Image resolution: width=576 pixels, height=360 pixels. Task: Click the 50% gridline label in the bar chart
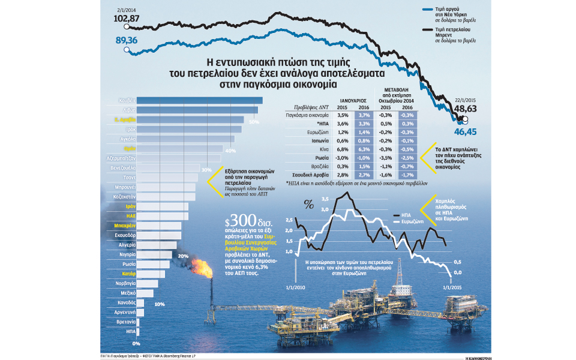(x=254, y=122)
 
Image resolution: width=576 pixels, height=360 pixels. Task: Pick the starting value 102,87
(x=126, y=19)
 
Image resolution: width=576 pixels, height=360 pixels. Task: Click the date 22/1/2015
(x=465, y=100)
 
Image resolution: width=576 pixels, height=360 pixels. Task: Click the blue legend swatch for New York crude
(x=428, y=10)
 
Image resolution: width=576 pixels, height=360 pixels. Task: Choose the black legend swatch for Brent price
(x=428, y=28)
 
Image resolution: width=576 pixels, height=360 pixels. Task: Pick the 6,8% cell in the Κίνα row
(x=343, y=148)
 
